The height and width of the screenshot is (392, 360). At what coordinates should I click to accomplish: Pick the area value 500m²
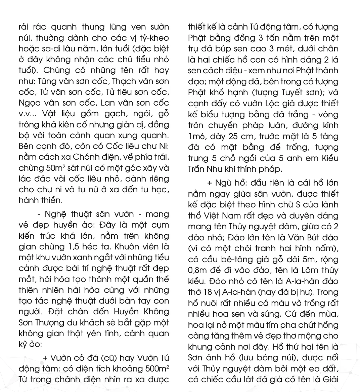pos(156,368)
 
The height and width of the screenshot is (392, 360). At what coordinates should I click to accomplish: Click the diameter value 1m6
pos(198,136)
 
